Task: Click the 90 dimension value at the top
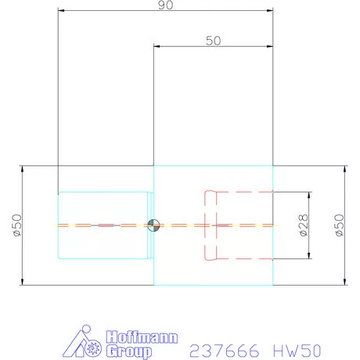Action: coord(164,5)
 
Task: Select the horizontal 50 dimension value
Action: coord(213,41)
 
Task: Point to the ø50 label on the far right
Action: coord(339,225)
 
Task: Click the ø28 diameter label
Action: coord(303,225)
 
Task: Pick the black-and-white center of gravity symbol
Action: coord(153,225)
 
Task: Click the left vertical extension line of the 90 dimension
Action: coord(57,102)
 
